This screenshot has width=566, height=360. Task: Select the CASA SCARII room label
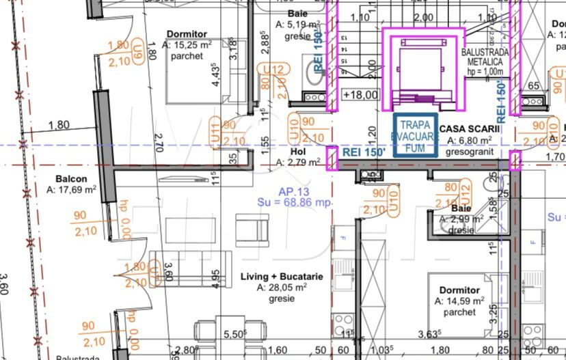click(x=470, y=129)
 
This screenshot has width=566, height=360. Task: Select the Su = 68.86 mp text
click(x=294, y=203)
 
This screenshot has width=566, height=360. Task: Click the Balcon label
click(x=70, y=180)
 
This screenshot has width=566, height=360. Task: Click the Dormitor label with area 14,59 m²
click(x=459, y=290)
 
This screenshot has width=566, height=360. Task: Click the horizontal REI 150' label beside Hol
click(x=363, y=152)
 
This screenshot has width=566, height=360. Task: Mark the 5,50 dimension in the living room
click(x=234, y=335)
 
